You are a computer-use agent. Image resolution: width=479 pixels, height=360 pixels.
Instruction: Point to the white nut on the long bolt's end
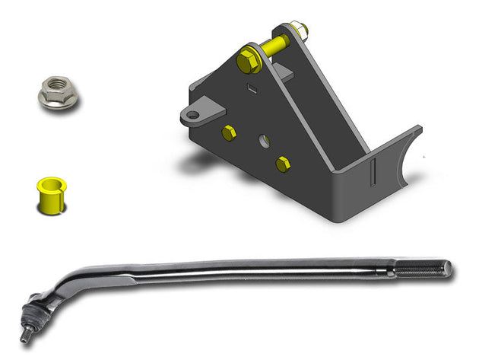pos(299,30)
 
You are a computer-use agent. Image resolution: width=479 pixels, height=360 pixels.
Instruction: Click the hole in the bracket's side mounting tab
pos(193,116)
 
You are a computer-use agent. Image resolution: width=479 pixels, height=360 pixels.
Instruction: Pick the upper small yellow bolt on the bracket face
pos(229,133)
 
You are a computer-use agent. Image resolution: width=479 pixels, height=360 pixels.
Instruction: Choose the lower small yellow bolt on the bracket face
pos(283,163)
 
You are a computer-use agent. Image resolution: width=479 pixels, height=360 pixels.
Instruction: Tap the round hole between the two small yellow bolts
pos(263,142)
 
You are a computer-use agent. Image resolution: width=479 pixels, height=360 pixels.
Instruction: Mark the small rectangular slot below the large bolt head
pos(252,89)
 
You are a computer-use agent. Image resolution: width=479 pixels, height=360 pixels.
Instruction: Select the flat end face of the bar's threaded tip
pos(449,268)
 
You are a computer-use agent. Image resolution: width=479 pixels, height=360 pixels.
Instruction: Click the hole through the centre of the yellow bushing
pos(49,183)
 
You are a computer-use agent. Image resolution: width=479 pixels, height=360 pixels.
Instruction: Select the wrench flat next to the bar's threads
pos(390,269)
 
